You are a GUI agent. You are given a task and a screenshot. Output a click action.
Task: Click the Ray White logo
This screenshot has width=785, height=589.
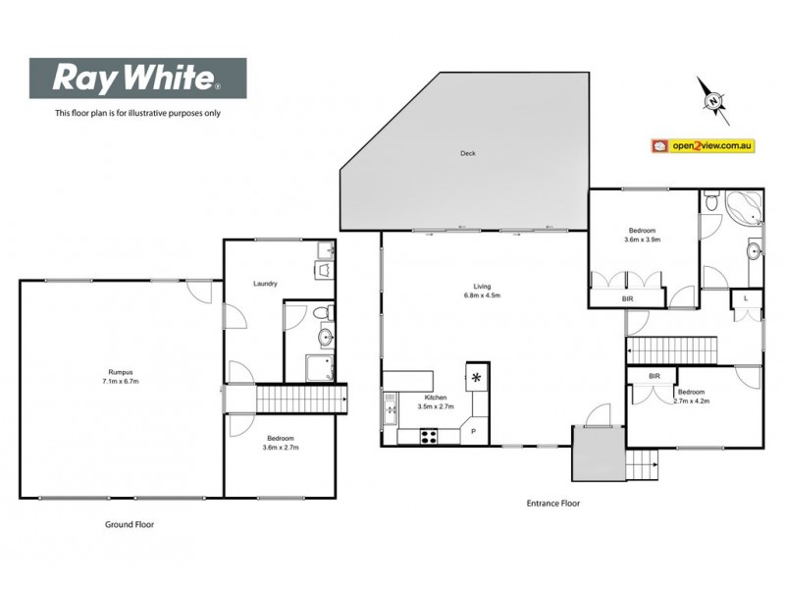pyautogui.click(x=136, y=78)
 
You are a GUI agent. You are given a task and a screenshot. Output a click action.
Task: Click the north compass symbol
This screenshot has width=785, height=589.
pyautogui.click(x=713, y=99)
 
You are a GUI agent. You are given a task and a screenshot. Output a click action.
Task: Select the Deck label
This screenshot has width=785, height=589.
pyautogui.click(x=468, y=153)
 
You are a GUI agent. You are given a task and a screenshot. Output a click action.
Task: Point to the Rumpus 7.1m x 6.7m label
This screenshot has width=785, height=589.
pyautogui.click(x=121, y=376)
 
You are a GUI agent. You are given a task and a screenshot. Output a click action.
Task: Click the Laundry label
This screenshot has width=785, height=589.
pyautogui.click(x=264, y=284)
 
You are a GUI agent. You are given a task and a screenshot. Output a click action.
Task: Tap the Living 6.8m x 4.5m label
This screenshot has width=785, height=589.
pyautogui.click(x=482, y=292)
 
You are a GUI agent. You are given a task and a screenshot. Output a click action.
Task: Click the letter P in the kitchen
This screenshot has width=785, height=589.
pyautogui.click(x=473, y=431)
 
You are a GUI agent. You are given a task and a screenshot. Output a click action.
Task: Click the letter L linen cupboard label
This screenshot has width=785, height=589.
pyautogui.click(x=746, y=296)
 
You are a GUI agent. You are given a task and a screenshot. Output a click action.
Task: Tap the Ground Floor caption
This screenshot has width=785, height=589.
pyautogui.click(x=130, y=525)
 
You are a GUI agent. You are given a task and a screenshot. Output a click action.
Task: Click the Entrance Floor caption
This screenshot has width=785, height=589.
pyautogui.click(x=553, y=503)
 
